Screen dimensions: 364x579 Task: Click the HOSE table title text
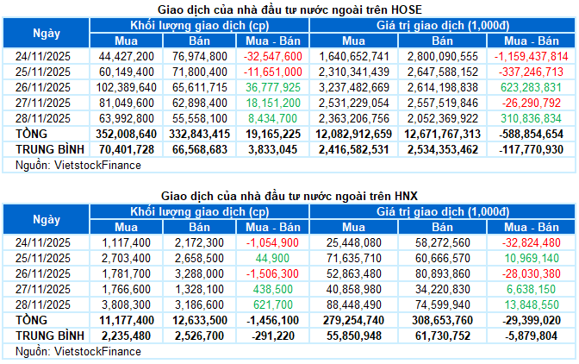pyautogui.click(x=289, y=9)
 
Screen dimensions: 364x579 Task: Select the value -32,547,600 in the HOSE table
pyautogui.click(x=272, y=56)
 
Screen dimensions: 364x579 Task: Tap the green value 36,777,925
pyautogui.click(x=272, y=88)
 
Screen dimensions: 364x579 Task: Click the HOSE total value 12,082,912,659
pyautogui.click(x=353, y=135)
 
